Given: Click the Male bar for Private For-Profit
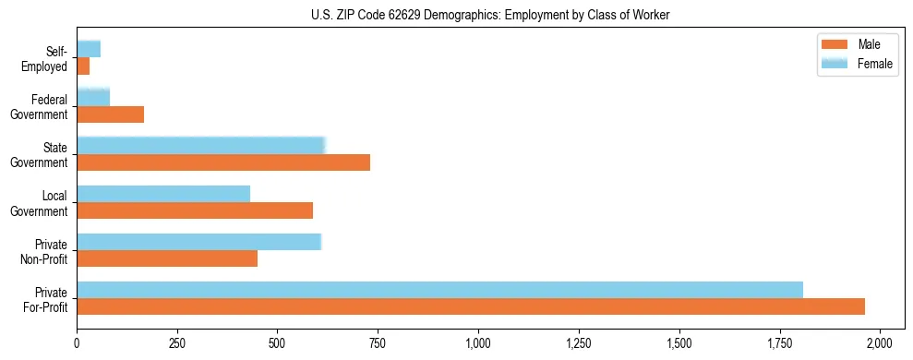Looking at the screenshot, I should (x=471, y=306).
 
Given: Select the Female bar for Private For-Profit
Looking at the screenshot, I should (x=439, y=290).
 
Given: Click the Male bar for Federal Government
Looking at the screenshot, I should (x=111, y=114).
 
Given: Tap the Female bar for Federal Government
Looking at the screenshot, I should (x=93, y=97).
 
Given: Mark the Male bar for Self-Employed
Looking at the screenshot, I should (x=83, y=66).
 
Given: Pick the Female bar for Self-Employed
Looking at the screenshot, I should (x=89, y=49).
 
